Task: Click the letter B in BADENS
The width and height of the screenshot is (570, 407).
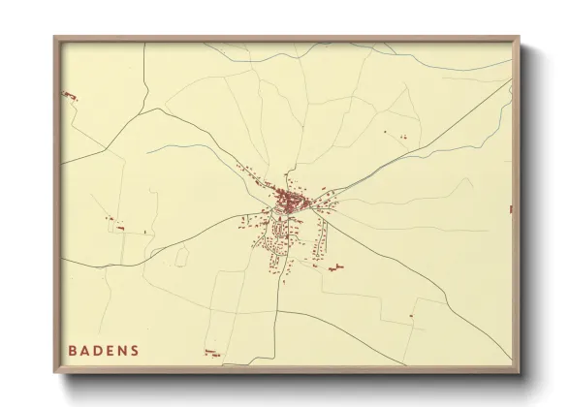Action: pyautogui.click(x=74, y=350)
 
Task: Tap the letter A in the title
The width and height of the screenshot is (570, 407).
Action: pyautogui.click(x=87, y=350)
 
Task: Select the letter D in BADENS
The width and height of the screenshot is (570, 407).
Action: pyautogui.click(x=101, y=350)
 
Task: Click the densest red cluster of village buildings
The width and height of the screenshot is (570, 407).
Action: pyautogui.click(x=288, y=201)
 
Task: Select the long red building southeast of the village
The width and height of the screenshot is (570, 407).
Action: pyautogui.click(x=336, y=266)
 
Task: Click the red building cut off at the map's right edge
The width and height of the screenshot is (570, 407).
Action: pyautogui.click(x=509, y=209)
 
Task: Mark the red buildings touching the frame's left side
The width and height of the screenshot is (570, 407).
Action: pyautogui.click(x=68, y=94)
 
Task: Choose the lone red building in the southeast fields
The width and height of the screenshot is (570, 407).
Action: pyautogui.click(x=411, y=314)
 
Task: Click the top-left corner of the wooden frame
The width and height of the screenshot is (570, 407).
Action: pyautogui.click(x=55, y=38)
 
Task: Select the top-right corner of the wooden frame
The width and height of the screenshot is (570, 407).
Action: pyautogui.click(x=521, y=38)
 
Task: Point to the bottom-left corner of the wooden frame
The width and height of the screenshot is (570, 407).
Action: pyautogui.click(x=55, y=375)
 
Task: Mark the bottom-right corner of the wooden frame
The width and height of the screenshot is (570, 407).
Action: pyautogui.click(x=521, y=375)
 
